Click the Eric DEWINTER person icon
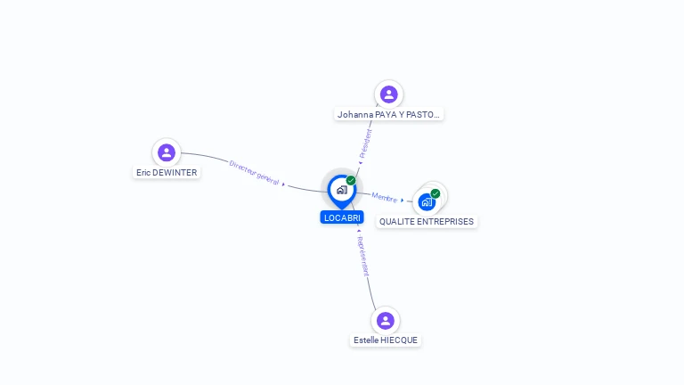[167, 152]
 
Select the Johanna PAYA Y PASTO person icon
[388, 94]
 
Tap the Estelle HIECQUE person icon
[385, 320]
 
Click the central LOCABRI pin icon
[341, 190]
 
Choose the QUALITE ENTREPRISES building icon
[427, 202]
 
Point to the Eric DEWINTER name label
[167, 173]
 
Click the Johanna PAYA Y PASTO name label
[389, 115]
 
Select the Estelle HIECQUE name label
[385, 340]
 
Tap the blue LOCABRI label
[342, 217]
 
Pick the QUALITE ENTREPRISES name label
[427, 222]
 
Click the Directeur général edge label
[255, 172]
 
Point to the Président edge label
[365, 143]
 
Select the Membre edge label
[385, 198]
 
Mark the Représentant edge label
[362, 258]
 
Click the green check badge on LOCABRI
[351, 181]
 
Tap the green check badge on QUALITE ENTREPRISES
[436, 193]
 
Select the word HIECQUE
[398, 340]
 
